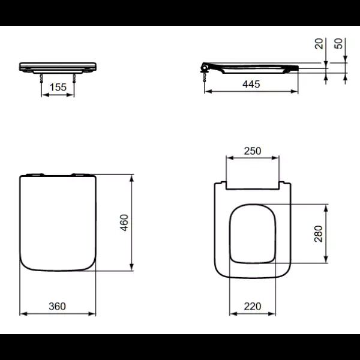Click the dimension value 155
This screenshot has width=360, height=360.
click(x=58, y=87)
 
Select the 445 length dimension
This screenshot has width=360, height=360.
click(x=251, y=85)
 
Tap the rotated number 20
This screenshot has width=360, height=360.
click(x=319, y=44)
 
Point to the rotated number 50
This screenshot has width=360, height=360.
click(x=338, y=44)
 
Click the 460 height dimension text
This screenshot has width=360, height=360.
click(x=124, y=222)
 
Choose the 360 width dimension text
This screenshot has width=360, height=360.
click(x=57, y=306)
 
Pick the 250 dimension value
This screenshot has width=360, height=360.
click(x=252, y=151)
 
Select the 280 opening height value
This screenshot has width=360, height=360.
click(x=319, y=233)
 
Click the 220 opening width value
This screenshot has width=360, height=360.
click(x=253, y=306)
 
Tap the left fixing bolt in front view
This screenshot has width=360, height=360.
click(x=41, y=76)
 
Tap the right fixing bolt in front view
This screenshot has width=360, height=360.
click(x=74, y=76)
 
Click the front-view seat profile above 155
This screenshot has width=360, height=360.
click(x=58, y=66)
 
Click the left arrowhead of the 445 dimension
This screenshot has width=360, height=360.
click(x=207, y=92)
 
